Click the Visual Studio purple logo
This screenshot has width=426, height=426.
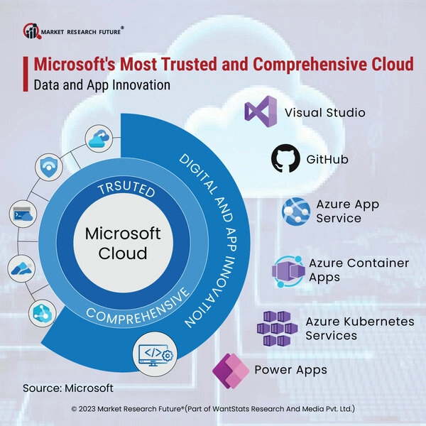point(261,111)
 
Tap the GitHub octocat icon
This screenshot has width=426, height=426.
point(285,158)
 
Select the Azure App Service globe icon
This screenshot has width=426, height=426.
point(296,211)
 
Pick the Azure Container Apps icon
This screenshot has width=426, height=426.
point(288,271)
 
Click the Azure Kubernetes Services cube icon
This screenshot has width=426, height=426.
point(277,328)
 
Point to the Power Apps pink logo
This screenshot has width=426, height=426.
point(231,371)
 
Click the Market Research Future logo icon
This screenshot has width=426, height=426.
point(32,31)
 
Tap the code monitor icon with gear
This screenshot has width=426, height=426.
point(155,354)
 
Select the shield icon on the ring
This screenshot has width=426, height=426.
point(49,167)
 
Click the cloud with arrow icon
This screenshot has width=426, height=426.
point(99,138)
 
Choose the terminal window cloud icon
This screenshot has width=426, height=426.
point(23,214)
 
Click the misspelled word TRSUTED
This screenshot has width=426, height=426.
point(126,189)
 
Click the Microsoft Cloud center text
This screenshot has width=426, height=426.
point(123,243)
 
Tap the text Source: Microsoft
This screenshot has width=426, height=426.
point(68,388)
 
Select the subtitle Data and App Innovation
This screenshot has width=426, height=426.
point(102,84)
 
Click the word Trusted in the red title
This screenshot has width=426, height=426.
point(190,65)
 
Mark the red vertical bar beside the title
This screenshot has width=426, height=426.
point(26,74)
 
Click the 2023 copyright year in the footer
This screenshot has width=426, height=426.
point(87,409)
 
